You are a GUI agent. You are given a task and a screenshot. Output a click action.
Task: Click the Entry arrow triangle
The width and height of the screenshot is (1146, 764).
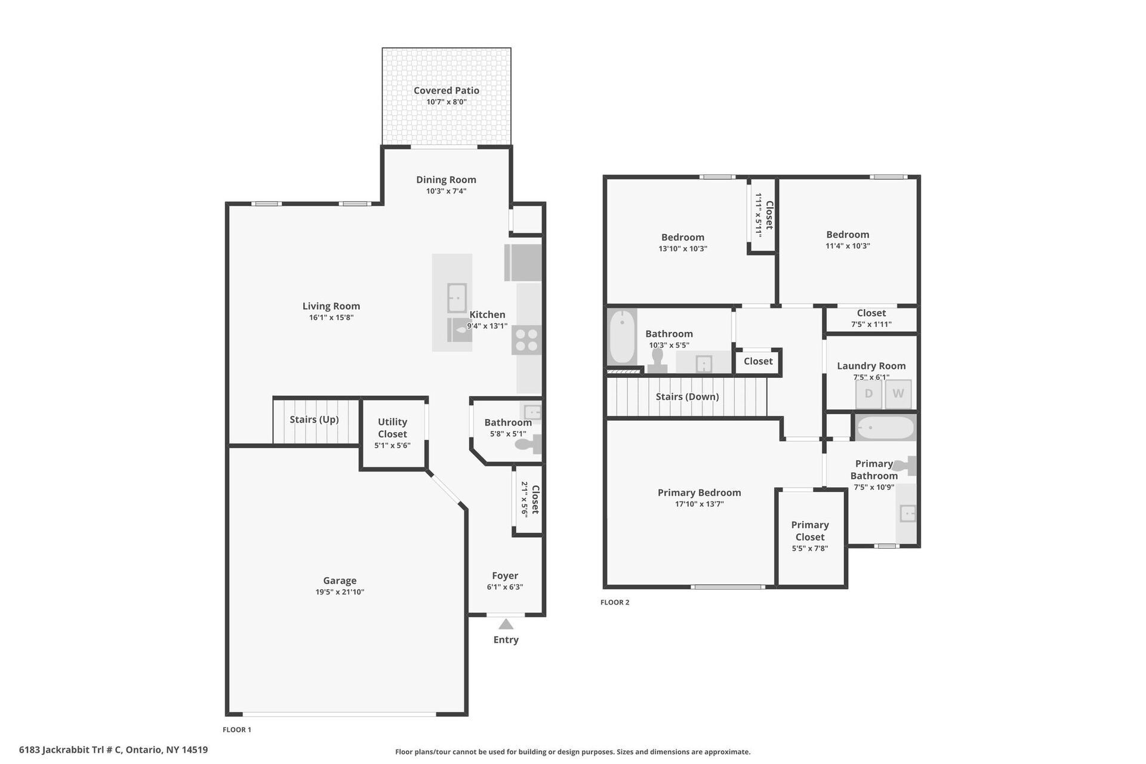[x=506, y=624]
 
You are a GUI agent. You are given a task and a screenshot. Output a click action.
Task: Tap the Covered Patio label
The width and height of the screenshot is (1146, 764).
[x=446, y=91]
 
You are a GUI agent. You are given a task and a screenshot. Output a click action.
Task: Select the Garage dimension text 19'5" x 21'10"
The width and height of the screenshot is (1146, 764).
[x=340, y=592]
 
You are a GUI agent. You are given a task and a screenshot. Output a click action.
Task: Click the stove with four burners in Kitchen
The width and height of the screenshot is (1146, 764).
[x=526, y=340]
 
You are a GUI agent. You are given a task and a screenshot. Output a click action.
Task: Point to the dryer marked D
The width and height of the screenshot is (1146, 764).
[x=868, y=394]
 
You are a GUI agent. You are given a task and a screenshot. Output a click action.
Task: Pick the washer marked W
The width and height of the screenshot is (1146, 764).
[x=898, y=394]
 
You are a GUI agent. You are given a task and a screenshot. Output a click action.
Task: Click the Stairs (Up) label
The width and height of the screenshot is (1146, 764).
[x=314, y=420]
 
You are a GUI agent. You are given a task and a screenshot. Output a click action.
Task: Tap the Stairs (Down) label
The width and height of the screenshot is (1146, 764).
[x=687, y=397]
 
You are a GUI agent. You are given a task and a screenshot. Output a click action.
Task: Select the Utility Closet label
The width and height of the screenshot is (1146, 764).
[x=392, y=428]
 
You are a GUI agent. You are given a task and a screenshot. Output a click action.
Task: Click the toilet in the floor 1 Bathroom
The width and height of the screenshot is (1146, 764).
[x=529, y=445]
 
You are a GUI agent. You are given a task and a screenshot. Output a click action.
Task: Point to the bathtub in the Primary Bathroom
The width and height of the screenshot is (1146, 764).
[x=885, y=428]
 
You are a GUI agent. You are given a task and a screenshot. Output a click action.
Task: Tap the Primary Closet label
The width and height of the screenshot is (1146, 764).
[x=810, y=531]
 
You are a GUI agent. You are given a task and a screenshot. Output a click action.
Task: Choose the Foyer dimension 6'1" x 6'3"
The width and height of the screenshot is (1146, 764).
[x=505, y=587]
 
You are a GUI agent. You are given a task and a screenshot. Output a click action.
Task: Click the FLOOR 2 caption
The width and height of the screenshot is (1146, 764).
[x=615, y=602]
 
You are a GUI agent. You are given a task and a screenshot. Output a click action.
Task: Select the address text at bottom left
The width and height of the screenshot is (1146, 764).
[x=113, y=750]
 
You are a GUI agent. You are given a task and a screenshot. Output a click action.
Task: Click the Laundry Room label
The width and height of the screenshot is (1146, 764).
[x=871, y=366]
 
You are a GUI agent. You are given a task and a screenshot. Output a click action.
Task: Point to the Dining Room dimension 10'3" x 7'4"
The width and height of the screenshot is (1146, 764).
[x=446, y=191]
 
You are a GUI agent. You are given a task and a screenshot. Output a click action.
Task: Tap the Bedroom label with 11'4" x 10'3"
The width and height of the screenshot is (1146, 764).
[x=848, y=235]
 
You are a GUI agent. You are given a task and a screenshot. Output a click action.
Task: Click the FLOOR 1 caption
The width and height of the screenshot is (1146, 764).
[x=237, y=729]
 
